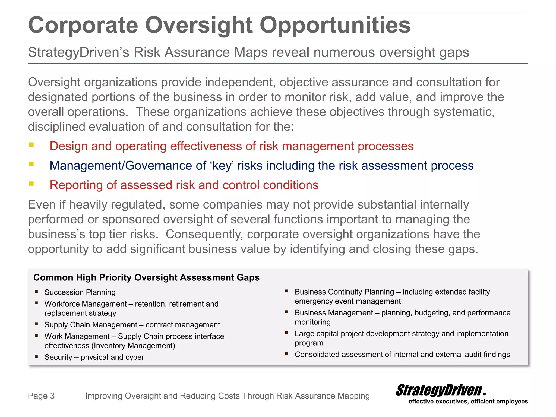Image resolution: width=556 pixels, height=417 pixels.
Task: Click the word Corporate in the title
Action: point(83,25)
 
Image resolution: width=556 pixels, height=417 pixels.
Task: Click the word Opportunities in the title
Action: point(335,25)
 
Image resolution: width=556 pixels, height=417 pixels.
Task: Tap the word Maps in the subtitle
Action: point(251,52)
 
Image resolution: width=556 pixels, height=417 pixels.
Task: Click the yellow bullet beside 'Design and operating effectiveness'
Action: point(31,145)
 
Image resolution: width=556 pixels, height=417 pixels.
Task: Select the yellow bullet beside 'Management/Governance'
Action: point(31,164)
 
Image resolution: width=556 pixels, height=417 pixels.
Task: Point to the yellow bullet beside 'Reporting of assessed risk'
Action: point(31,184)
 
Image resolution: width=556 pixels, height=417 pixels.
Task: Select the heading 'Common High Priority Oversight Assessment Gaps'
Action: point(146,277)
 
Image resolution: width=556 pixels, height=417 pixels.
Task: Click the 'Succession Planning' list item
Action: point(80,292)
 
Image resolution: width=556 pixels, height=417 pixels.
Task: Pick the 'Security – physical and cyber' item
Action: point(94,357)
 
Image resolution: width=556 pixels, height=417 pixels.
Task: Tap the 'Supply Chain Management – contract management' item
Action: point(132,325)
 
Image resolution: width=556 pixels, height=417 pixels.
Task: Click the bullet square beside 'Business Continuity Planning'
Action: point(286,291)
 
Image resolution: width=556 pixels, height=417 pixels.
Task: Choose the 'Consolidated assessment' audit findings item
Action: point(402,354)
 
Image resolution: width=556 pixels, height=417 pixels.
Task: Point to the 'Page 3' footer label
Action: point(41,396)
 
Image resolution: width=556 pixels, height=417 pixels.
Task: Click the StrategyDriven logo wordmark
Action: point(439,390)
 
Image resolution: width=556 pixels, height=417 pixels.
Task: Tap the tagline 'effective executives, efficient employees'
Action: point(468,402)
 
